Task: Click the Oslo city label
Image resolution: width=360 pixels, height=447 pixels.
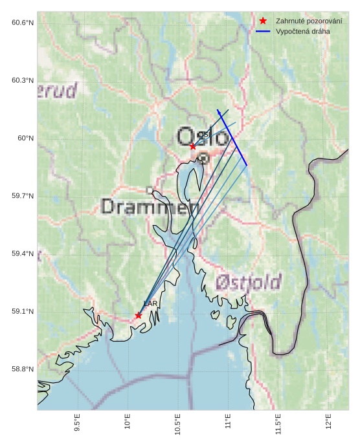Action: point(203,137)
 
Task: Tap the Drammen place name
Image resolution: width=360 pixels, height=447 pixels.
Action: point(150,207)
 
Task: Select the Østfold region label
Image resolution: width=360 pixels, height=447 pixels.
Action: point(248,282)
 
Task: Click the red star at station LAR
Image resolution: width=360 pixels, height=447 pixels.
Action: point(139,315)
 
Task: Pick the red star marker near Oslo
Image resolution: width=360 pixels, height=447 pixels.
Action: point(193,146)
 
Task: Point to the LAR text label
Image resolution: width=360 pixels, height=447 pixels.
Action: point(150,304)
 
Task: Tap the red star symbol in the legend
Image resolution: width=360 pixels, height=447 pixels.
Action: point(263,21)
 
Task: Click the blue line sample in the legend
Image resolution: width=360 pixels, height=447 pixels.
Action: point(263,31)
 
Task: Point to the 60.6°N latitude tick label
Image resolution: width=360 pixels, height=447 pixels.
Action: point(23,23)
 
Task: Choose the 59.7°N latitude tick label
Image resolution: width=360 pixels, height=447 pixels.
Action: point(23,196)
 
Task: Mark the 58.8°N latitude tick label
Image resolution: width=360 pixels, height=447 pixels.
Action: point(23,369)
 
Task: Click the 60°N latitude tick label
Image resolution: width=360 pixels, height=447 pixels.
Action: point(26,138)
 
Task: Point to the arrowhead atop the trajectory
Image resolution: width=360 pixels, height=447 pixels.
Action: point(219,112)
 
